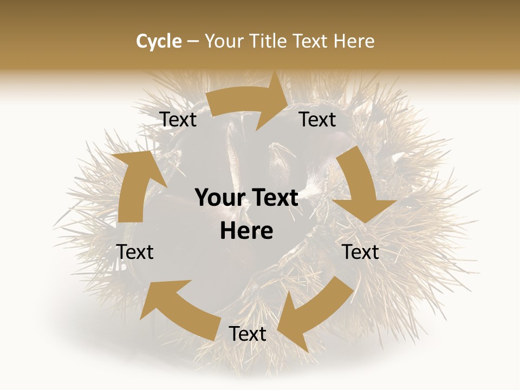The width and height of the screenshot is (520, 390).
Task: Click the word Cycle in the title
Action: (x=159, y=41)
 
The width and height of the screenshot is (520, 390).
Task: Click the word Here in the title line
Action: (x=354, y=41)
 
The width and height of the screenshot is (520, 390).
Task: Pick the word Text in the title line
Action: (x=311, y=41)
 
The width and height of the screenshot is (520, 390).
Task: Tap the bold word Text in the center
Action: (x=273, y=198)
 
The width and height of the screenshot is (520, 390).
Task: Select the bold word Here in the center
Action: (x=246, y=231)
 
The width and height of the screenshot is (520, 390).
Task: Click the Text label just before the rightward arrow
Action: (x=178, y=120)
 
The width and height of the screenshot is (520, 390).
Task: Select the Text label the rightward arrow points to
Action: (x=317, y=120)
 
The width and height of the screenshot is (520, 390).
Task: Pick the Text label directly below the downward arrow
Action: (x=361, y=252)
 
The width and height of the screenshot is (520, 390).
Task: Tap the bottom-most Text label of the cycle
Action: (x=248, y=334)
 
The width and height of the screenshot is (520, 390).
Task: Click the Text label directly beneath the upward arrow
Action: (x=135, y=252)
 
